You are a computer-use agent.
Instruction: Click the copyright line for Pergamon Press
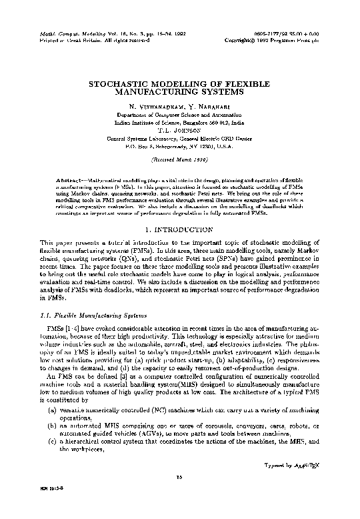(290, 39)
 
